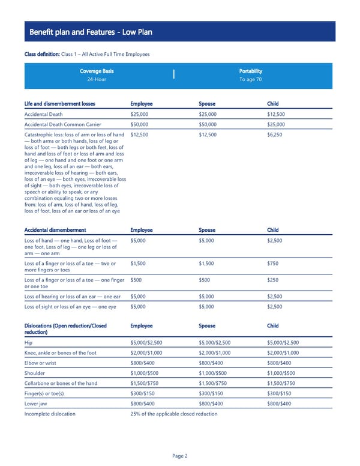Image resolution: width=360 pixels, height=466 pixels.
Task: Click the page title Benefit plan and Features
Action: (x=91, y=32)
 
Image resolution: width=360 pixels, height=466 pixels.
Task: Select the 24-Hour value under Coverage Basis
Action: (x=97, y=79)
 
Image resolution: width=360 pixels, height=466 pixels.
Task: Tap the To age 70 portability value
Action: (x=250, y=79)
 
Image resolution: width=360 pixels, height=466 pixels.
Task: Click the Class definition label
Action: (x=43, y=55)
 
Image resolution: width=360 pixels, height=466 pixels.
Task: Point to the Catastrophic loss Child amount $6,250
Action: (x=274, y=135)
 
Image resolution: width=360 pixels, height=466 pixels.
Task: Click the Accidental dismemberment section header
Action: (x=55, y=230)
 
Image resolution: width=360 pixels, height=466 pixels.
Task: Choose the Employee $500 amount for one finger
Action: (x=136, y=279)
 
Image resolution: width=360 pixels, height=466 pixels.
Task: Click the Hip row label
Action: (x=28, y=343)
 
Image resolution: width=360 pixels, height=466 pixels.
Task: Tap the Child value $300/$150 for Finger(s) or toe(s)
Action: (x=280, y=393)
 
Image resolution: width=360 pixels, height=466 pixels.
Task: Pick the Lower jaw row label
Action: (x=35, y=403)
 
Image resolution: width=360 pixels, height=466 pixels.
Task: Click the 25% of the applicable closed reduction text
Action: (x=173, y=414)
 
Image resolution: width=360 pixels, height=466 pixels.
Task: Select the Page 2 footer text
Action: (x=180, y=456)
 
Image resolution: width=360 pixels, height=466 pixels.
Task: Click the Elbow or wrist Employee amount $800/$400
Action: (x=142, y=362)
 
